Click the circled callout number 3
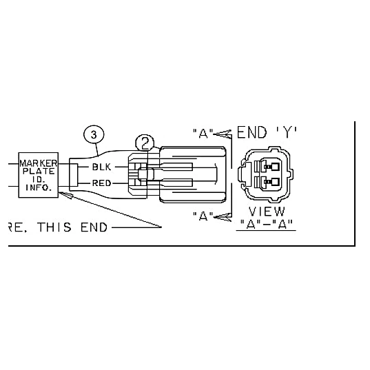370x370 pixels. (94, 135)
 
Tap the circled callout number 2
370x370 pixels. (145, 144)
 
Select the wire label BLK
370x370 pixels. (101, 167)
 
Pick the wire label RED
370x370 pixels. (102, 183)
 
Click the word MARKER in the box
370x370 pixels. (39, 163)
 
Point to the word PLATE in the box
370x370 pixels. (39, 171)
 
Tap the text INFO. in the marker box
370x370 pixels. (39, 187)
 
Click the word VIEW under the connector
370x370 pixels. (267, 212)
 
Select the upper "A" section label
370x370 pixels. (203, 134)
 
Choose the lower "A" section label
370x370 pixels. (203, 216)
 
